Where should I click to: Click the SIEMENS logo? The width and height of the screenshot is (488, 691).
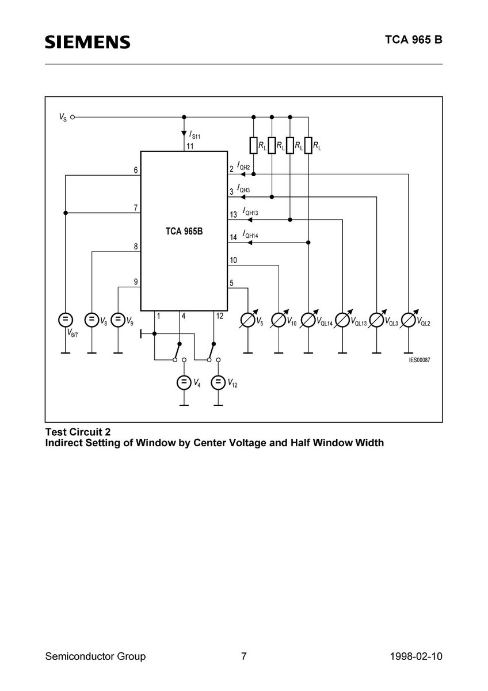click(x=87, y=42)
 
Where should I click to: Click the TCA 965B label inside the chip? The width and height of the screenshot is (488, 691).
click(x=184, y=231)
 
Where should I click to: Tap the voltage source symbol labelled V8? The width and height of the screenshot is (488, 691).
click(x=91, y=320)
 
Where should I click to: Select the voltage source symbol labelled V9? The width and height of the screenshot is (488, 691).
click(x=117, y=320)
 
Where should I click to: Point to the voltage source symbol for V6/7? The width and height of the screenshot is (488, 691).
click(x=65, y=320)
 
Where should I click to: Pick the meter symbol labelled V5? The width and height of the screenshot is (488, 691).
click(x=248, y=320)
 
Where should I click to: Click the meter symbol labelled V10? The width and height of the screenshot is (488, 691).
click(x=279, y=320)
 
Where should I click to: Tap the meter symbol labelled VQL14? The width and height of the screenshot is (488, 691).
click(x=308, y=320)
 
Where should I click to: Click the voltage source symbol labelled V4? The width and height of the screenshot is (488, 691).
click(x=184, y=382)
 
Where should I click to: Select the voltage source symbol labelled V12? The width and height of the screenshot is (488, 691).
click(x=218, y=382)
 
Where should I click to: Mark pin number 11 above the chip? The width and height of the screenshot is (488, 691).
click(x=190, y=146)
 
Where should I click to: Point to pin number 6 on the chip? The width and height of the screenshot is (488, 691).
click(x=136, y=170)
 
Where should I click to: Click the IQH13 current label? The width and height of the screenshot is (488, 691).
click(x=250, y=212)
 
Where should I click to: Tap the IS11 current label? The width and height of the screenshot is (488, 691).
click(x=195, y=135)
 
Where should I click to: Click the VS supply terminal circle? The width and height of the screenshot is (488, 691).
click(x=73, y=116)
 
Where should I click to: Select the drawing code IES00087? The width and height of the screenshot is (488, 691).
click(x=420, y=360)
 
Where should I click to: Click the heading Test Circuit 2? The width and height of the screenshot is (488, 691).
click(x=78, y=431)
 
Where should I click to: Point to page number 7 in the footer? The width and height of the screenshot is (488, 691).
click(x=244, y=656)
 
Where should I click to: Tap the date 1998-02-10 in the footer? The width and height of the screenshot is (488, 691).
click(x=416, y=656)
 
